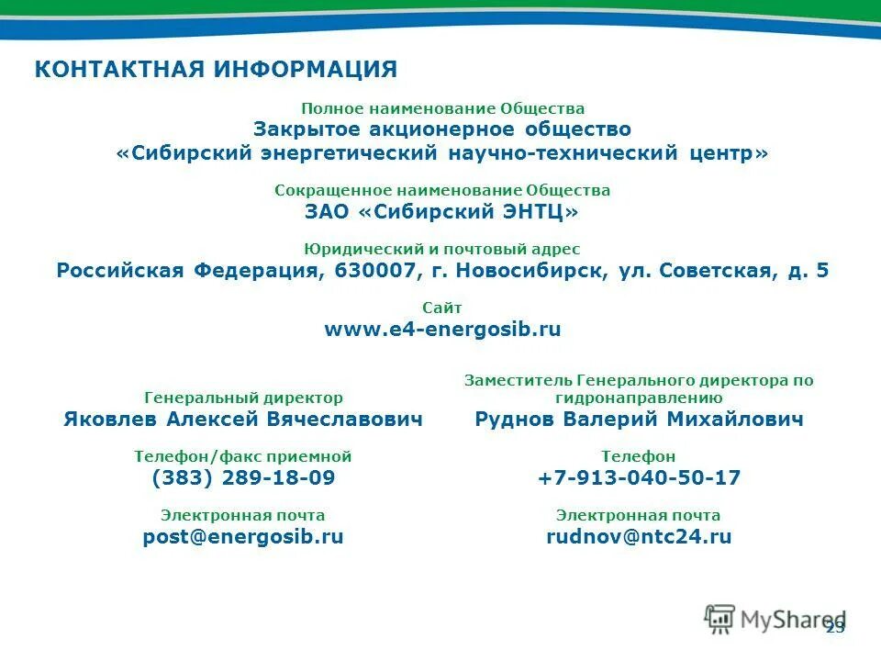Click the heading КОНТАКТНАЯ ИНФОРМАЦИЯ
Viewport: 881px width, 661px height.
coord(216,70)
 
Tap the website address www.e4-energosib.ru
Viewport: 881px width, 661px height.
coord(442,330)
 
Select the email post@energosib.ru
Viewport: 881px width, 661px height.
coord(243,537)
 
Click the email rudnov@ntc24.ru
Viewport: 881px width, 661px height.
coord(639,537)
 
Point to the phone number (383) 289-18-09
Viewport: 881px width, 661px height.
coord(243,478)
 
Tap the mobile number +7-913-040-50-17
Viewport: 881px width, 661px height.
coord(639,478)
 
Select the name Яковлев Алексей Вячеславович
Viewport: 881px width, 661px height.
coord(243,420)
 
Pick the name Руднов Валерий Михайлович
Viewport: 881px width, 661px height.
coord(639,420)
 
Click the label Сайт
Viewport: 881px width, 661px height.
coord(442,308)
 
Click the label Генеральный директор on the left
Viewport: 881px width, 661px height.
coord(243,398)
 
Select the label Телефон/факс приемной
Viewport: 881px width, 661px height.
coord(243,456)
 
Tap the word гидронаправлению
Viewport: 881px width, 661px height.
coord(639,398)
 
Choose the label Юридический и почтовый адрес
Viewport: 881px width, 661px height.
coord(442,249)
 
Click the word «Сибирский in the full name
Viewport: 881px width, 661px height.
coord(184,153)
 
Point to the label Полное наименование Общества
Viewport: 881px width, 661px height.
coord(442,108)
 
